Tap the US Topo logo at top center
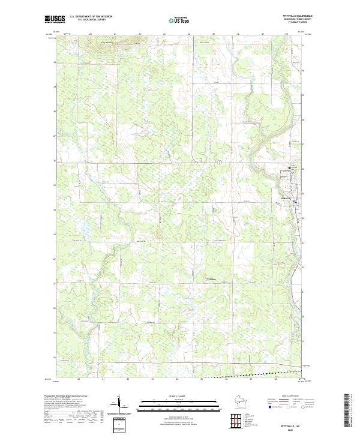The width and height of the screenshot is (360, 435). [181, 20]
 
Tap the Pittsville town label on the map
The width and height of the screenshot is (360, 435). [286, 199]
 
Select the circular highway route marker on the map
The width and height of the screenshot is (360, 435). [221, 162]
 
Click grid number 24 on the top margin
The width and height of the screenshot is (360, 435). [188, 34]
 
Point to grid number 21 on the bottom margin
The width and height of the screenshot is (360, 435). [103, 379]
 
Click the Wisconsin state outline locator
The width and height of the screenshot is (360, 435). [244, 403]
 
